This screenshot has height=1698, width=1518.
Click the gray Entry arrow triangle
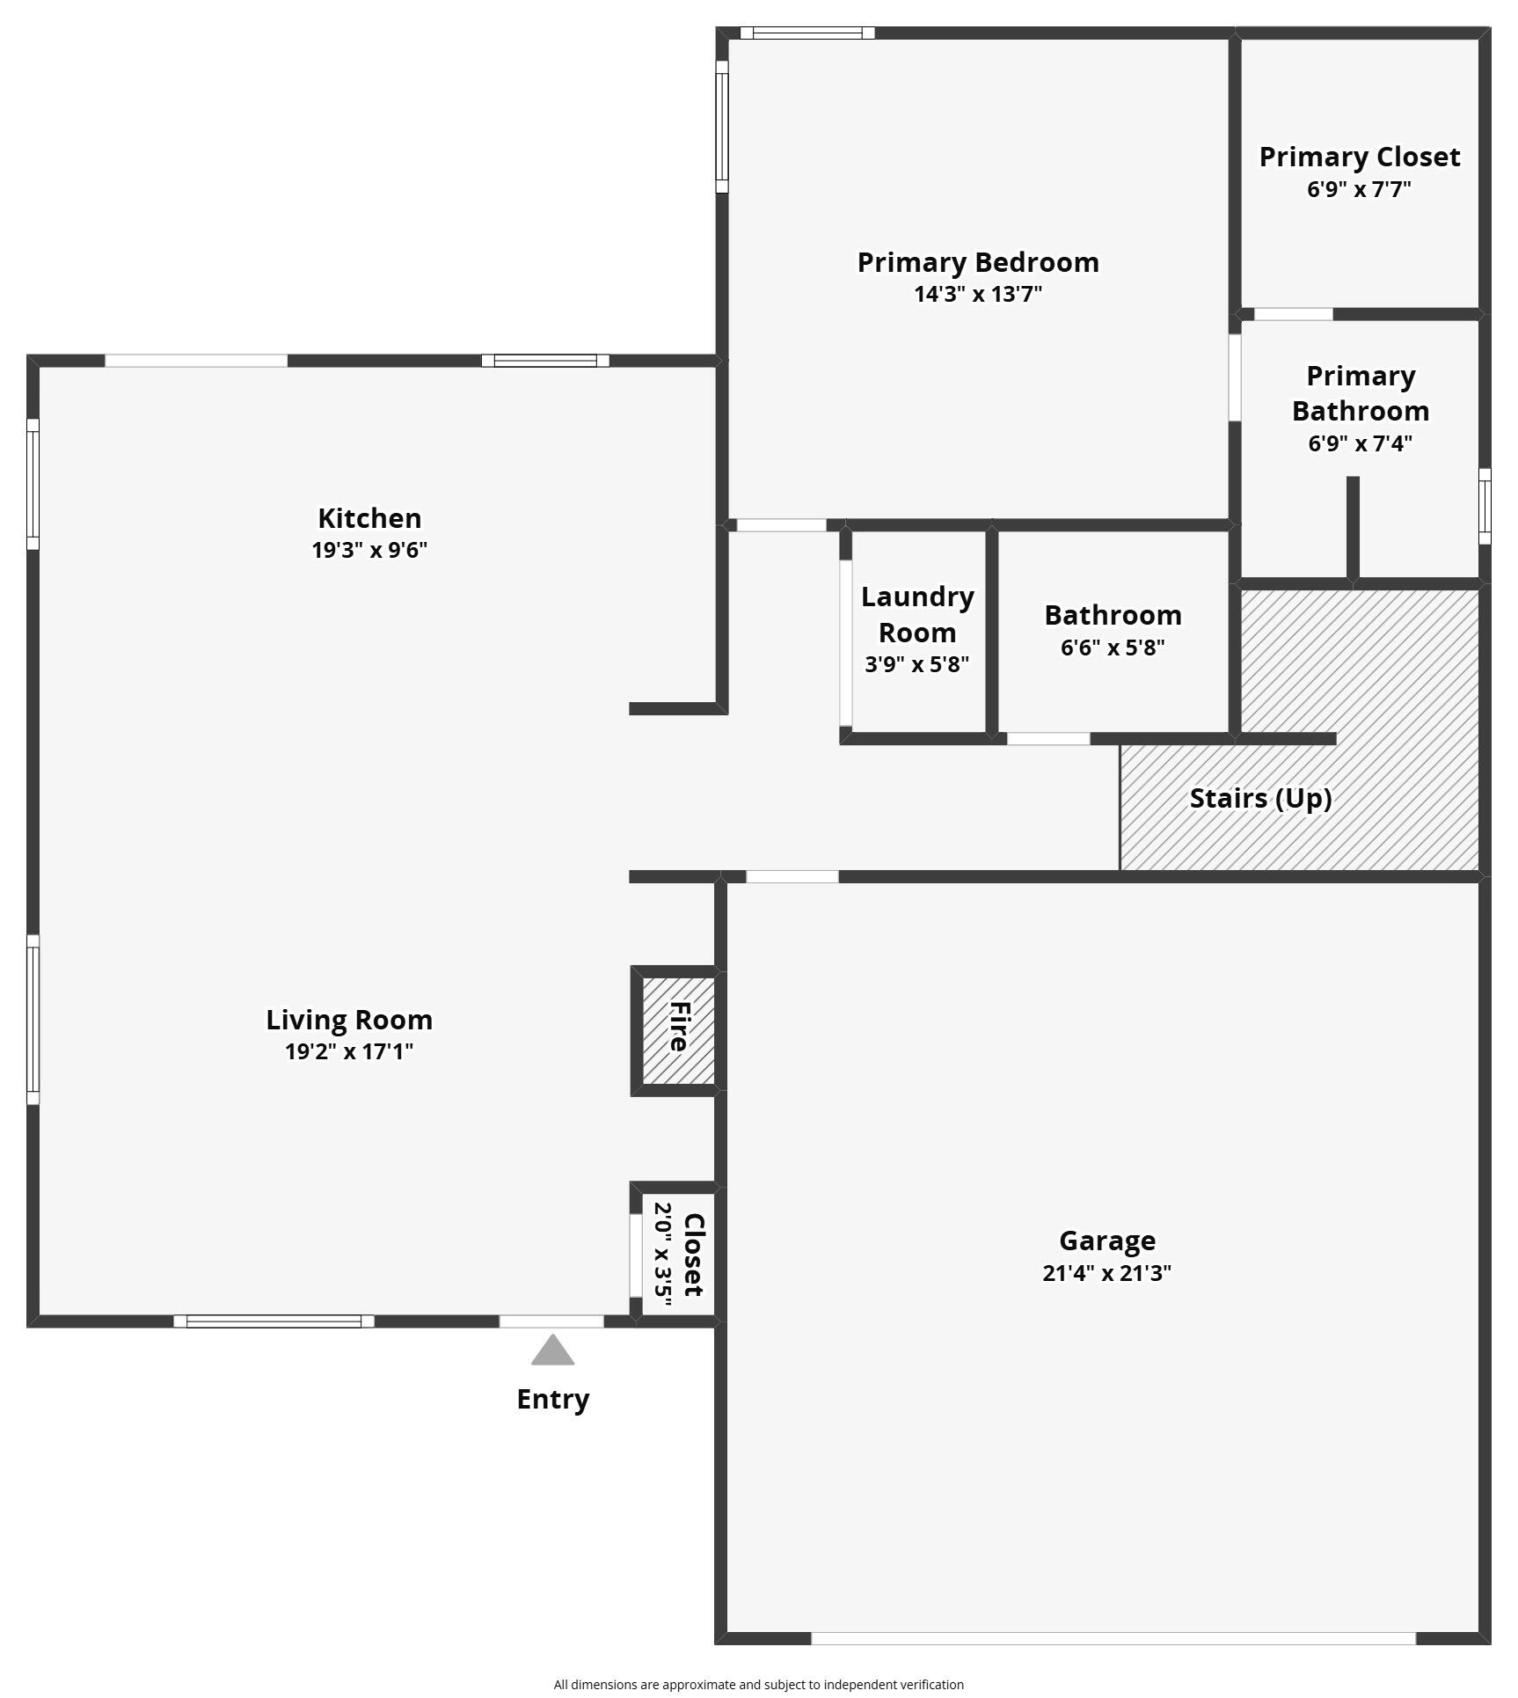point(552,1352)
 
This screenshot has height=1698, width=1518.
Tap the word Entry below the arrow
point(552,1399)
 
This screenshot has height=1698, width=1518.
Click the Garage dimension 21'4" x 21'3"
point(1106,1273)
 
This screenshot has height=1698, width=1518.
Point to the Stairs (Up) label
point(1259,798)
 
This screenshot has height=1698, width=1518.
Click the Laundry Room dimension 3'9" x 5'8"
point(916,664)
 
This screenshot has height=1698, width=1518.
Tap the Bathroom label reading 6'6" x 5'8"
point(1113,648)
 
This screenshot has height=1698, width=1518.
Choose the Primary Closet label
point(1359,157)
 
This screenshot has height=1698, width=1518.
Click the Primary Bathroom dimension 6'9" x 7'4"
point(1360,443)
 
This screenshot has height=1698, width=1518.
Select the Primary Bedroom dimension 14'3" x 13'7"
point(978,294)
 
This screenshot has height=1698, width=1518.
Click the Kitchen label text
point(369,517)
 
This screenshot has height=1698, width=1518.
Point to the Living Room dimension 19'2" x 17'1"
point(349,1051)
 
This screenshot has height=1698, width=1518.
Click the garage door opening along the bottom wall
point(1113,1638)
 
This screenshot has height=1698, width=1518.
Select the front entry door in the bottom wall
point(551,1321)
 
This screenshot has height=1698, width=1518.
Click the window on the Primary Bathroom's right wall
point(1485,506)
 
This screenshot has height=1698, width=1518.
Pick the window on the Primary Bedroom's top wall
point(807,33)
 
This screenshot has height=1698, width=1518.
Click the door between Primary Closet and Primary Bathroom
point(1293,314)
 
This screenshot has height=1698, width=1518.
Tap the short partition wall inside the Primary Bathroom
point(1353,528)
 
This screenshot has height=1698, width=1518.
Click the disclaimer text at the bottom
point(758,1684)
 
